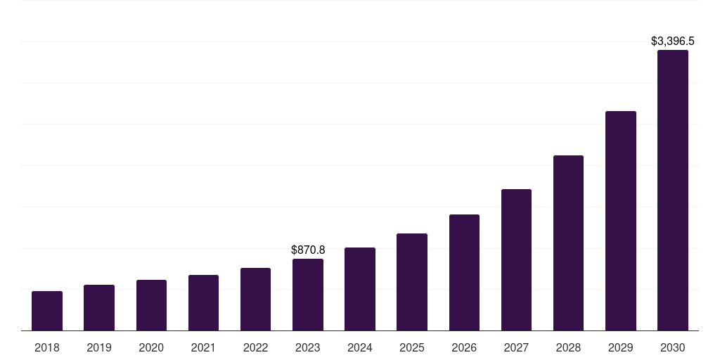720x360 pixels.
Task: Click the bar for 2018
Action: pyautogui.click(x=47, y=311)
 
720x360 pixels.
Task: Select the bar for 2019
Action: pyautogui.click(x=99, y=308)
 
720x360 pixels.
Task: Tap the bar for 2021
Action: pyautogui.click(x=203, y=303)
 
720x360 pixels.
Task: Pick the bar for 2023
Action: pyautogui.click(x=308, y=295)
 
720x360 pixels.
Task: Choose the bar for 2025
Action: pyautogui.click(x=412, y=282)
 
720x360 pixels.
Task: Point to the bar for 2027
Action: pyautogui.click(x=516, y=260)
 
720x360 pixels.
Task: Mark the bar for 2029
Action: pyautogui.click(x=621, y=221)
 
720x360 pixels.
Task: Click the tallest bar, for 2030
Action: pyautogui.click(x=673, y=191)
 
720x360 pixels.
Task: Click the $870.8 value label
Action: pyautogui.click(x=308, y=250)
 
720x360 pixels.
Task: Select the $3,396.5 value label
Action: pyautogui.click(x=673, y=41)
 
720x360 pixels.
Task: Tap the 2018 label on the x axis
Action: pyautogui.click(x=47, y=347)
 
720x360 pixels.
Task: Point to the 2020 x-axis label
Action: pyautogui.click(x=151, y=347)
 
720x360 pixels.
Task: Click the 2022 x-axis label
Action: pyautogui.click(x=255, y=347)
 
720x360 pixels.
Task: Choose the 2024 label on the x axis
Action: pyautogui.click(x=360, y=347)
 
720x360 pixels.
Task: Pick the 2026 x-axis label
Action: pyautogui.click(x=464, y=347)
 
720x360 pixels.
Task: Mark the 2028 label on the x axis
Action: pyautogui.click(x=568, y=347)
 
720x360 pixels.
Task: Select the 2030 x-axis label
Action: pyautogui.click(x=673, y=347)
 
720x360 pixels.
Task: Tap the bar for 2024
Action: pyautogui.click(x=360, y=289)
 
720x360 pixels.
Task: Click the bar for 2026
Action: pyautogui.click(x=464, y=273)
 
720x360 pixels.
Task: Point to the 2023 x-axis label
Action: pyautogui.click(x=308, y=347)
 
